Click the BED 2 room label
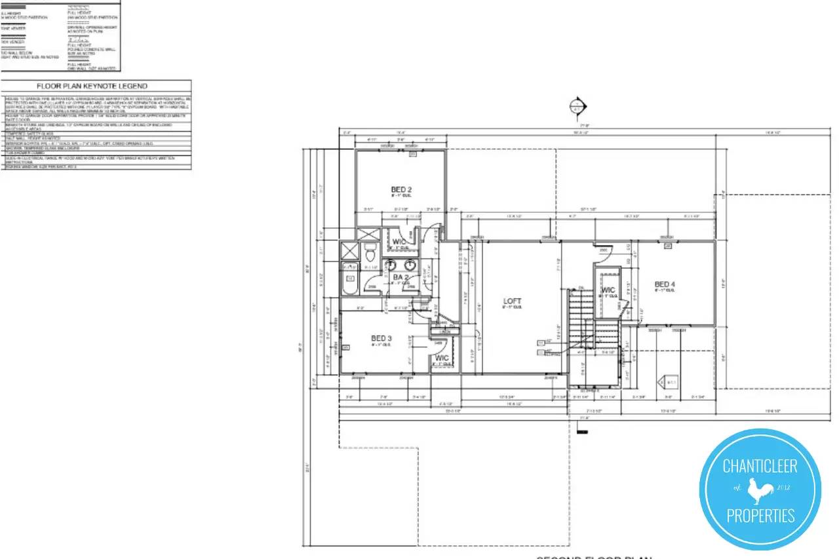[401, 190]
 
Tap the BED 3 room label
[381, 338]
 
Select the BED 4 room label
[665, 284]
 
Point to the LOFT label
[512, 301]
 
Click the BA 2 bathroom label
[401, 278]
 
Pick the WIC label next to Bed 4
[608, 290]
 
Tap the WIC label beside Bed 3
[442, 358]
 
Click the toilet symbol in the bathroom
[370, 252]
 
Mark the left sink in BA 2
[391, 265]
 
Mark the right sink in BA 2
[411, 265]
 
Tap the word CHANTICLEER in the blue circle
[760, 466]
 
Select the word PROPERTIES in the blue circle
[760, 516]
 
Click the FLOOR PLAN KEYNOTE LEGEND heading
[92, 86]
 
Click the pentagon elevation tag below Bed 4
[671, 381]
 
